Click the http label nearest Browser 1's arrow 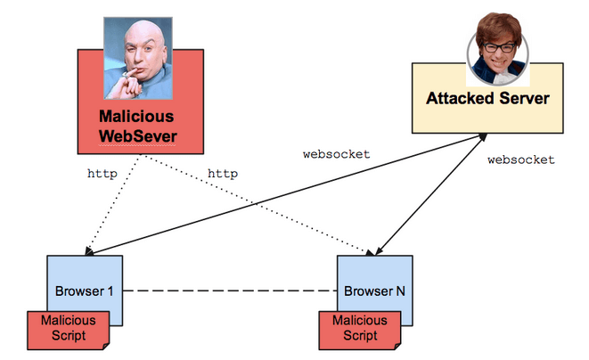102,174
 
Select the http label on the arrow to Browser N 222,174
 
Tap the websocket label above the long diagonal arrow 337,153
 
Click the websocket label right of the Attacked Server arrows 521,160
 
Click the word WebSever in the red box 135,136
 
